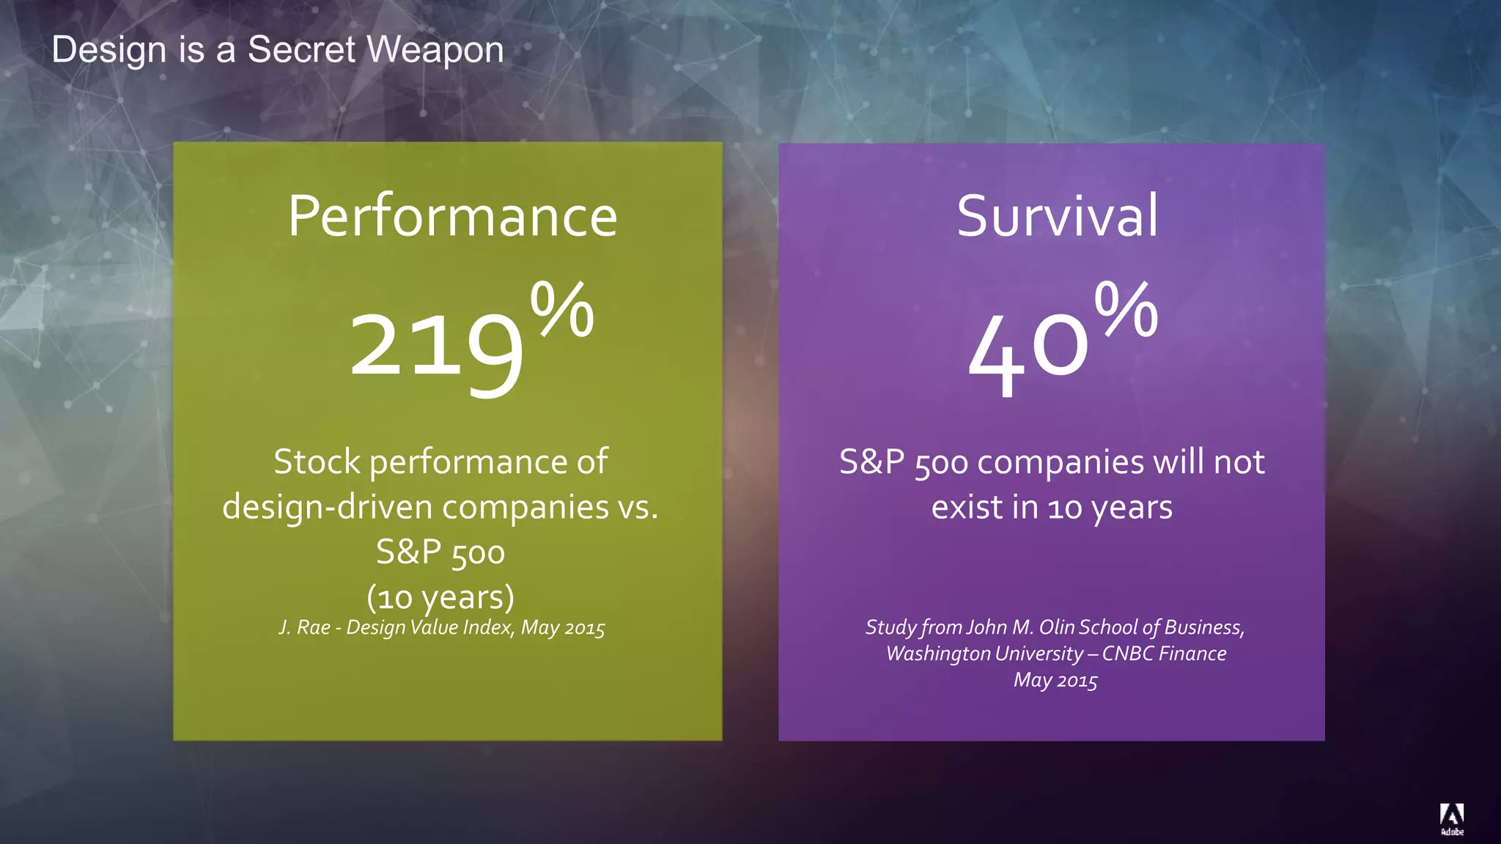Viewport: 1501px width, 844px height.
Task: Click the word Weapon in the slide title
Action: (435, 50)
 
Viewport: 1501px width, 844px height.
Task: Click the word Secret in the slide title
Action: (301, 50)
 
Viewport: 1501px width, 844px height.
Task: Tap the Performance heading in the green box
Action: (452, 216)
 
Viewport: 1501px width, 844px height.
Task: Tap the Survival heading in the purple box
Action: (1058, 216)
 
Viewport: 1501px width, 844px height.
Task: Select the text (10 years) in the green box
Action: (440, 597)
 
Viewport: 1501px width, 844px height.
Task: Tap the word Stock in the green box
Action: (317, 462)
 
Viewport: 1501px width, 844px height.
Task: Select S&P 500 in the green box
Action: (440, 552)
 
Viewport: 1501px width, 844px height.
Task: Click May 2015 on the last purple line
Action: (1055, 681)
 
